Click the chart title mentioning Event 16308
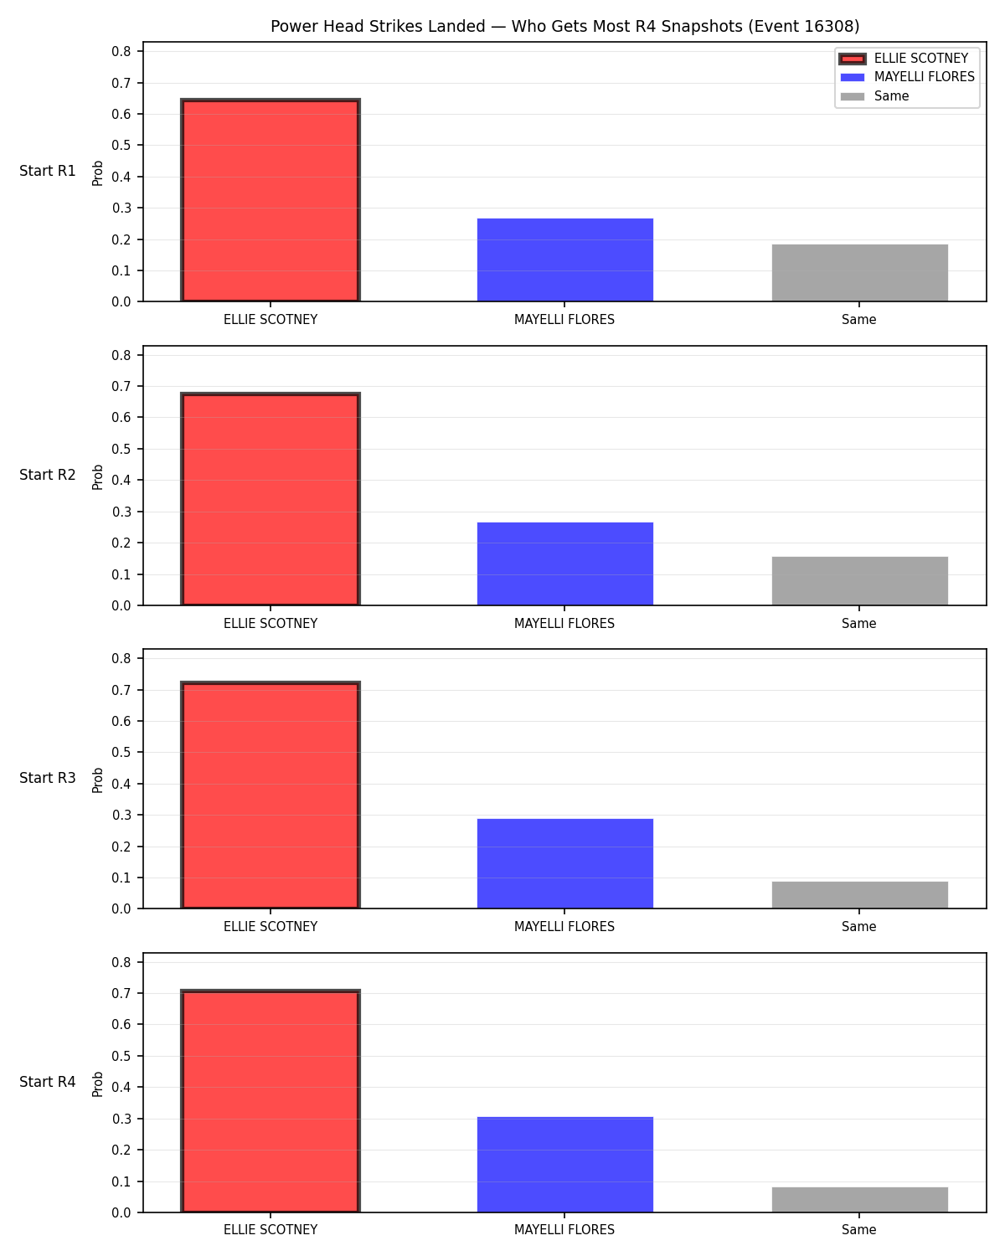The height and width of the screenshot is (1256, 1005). click(x=564, y=26)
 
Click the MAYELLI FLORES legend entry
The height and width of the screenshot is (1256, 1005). click(x=908, y=77)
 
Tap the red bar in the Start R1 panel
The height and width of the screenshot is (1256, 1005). click(x=271, y=200)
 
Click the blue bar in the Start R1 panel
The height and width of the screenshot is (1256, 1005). click(x=564, y=260)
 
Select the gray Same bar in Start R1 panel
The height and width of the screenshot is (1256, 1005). click(x=859, y=273)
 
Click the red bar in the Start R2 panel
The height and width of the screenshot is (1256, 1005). click(x=271, y=499)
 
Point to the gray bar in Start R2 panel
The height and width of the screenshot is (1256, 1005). click(x=859, y=581)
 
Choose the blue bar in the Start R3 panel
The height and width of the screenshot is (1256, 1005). click(x=564, y=863)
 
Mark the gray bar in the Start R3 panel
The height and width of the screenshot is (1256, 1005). click(x=859, y=895)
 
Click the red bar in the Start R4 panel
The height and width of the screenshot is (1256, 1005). click(x=271, y=1101)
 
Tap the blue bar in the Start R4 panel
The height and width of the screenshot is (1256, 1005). click(x=564, y=1165)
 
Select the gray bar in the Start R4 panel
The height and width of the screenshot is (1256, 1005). click(x=859, y=1199)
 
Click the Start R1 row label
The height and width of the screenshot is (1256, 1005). click(x=47, y=171)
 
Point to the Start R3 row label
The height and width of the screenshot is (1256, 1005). click(x=47, y=778)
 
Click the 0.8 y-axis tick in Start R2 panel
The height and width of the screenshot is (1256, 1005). click(x=121, y=355)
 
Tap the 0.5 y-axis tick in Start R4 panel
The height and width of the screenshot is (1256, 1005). click(x=121, y=1056)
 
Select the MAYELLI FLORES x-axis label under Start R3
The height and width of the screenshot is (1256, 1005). click(x=564, y=926)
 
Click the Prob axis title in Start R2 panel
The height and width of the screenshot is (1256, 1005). click(x=97, y=476)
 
